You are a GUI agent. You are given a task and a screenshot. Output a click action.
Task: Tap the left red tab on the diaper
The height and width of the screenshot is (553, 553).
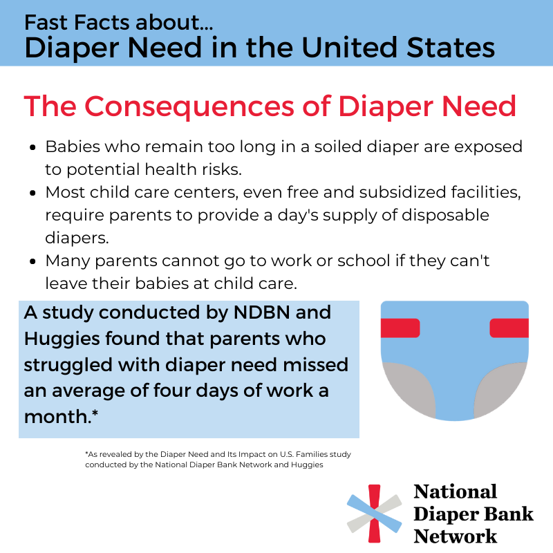click(400, 328)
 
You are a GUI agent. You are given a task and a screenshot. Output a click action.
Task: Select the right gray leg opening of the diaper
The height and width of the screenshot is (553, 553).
click(503, 387)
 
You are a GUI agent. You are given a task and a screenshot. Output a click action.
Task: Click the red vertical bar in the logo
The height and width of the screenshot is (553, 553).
click(374, 514)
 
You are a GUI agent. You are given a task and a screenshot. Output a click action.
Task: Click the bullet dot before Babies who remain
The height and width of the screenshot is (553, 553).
click(34, 148)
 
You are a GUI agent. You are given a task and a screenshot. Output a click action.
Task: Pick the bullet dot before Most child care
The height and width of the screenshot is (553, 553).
click(34, 191)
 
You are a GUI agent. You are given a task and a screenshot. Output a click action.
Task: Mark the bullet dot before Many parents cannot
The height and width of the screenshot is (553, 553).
click(34, 262)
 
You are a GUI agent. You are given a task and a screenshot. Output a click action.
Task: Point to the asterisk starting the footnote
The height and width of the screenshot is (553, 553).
click(87, 454)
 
